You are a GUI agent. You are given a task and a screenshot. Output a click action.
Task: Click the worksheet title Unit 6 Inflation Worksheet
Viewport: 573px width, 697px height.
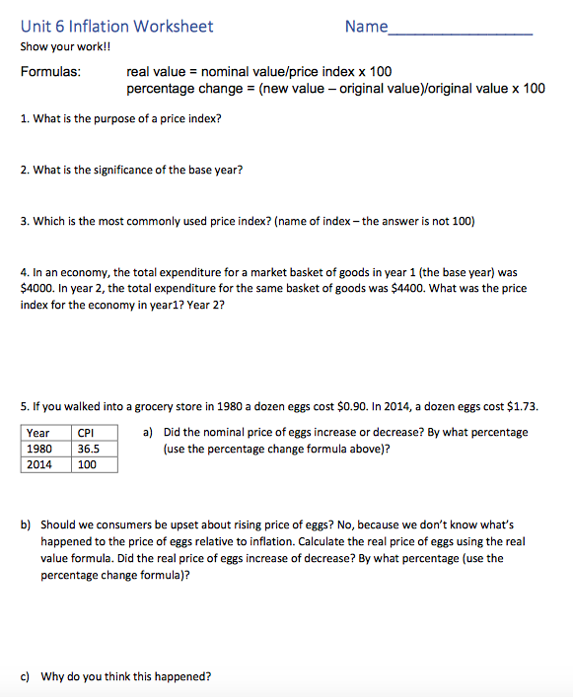[116, 27]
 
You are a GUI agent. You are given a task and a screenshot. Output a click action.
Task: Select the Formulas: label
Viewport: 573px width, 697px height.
[51, 72]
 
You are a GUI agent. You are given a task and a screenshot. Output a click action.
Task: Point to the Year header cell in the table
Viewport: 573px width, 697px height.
[38, 433]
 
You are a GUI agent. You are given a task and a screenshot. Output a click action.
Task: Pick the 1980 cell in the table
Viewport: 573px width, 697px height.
[39, 449]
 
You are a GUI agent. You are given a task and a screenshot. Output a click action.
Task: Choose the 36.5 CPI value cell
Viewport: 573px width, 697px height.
[88, 449]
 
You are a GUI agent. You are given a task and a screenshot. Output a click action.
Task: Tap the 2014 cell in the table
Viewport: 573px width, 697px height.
[39, 464]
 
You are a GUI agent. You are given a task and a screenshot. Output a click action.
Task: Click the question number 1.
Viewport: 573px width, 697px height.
[24, 119]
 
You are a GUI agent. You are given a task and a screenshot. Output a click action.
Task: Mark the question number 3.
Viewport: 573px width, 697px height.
[24, 221]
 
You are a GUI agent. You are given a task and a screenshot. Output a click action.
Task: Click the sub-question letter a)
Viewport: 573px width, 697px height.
[148, 432]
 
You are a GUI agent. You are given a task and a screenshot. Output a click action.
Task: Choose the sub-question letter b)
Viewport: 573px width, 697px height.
[26, 525]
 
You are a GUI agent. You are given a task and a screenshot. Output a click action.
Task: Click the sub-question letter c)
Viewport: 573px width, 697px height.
[25, 676]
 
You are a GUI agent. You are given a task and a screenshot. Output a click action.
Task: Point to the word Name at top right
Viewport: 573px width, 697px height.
[367, 27]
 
